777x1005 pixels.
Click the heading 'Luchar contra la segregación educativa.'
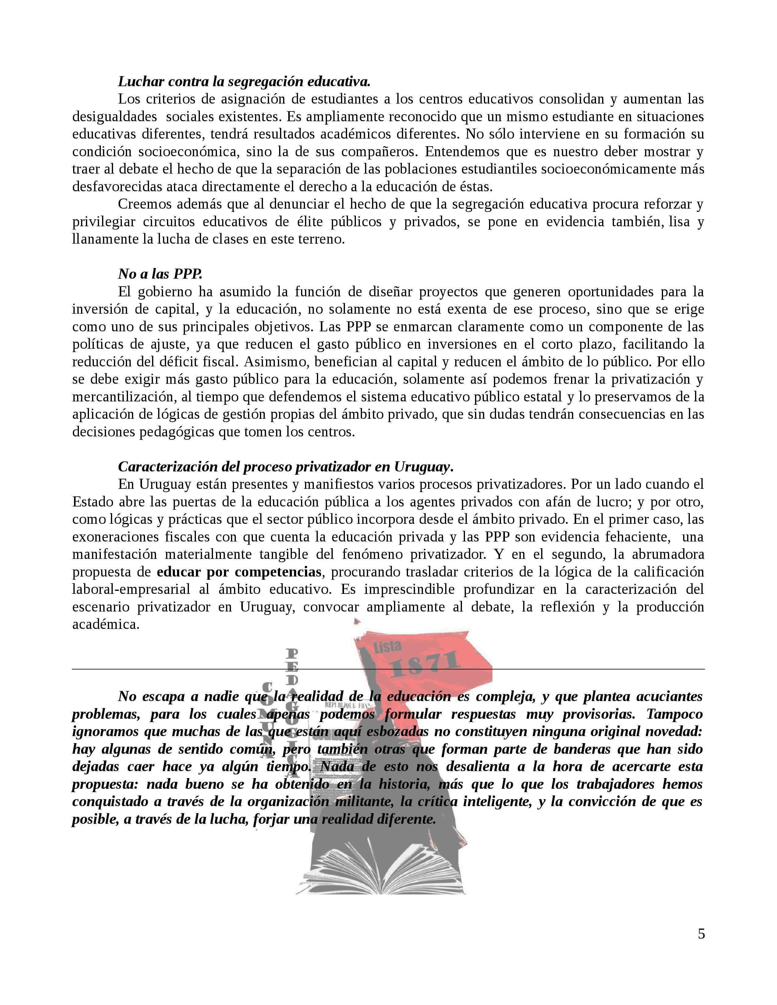(244, 81)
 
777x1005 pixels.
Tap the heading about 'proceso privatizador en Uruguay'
(286, 467)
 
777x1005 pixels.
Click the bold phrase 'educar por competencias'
(239, 572)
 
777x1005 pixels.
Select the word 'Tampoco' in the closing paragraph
(674, 714)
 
